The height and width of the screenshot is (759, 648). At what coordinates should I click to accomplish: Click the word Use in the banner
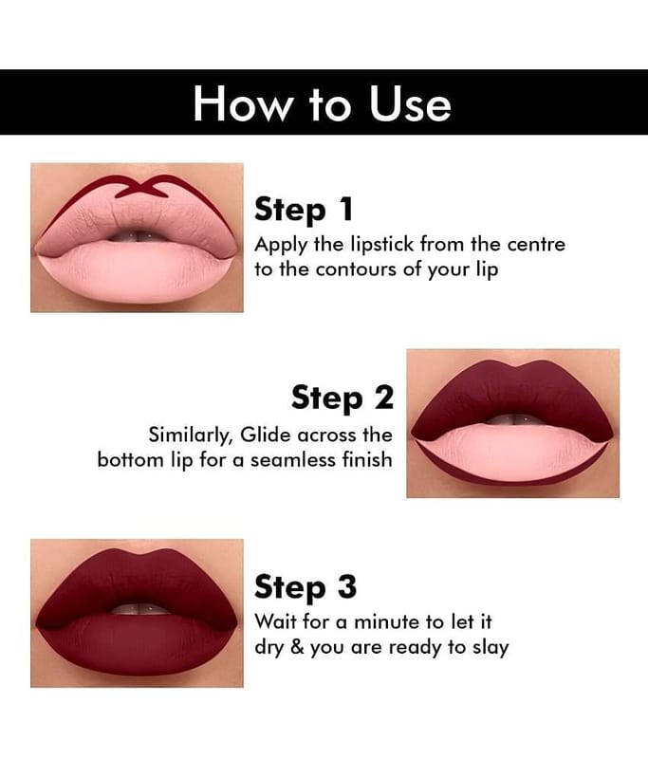point(410,103)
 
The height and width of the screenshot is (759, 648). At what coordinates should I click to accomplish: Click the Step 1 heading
point(304,210)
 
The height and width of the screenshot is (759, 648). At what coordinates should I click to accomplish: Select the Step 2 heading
point(343,398)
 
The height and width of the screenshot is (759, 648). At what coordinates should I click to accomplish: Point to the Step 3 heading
point(305,587)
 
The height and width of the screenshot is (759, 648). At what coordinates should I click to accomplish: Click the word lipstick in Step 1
point(381,245)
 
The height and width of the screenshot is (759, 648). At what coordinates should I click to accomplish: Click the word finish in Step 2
point(367,458)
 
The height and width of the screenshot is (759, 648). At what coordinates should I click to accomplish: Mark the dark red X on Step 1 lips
point(142,187)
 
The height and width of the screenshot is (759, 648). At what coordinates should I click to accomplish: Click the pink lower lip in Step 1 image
point(136,271)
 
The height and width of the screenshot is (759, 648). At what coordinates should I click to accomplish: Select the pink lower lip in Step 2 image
point(512,453)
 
